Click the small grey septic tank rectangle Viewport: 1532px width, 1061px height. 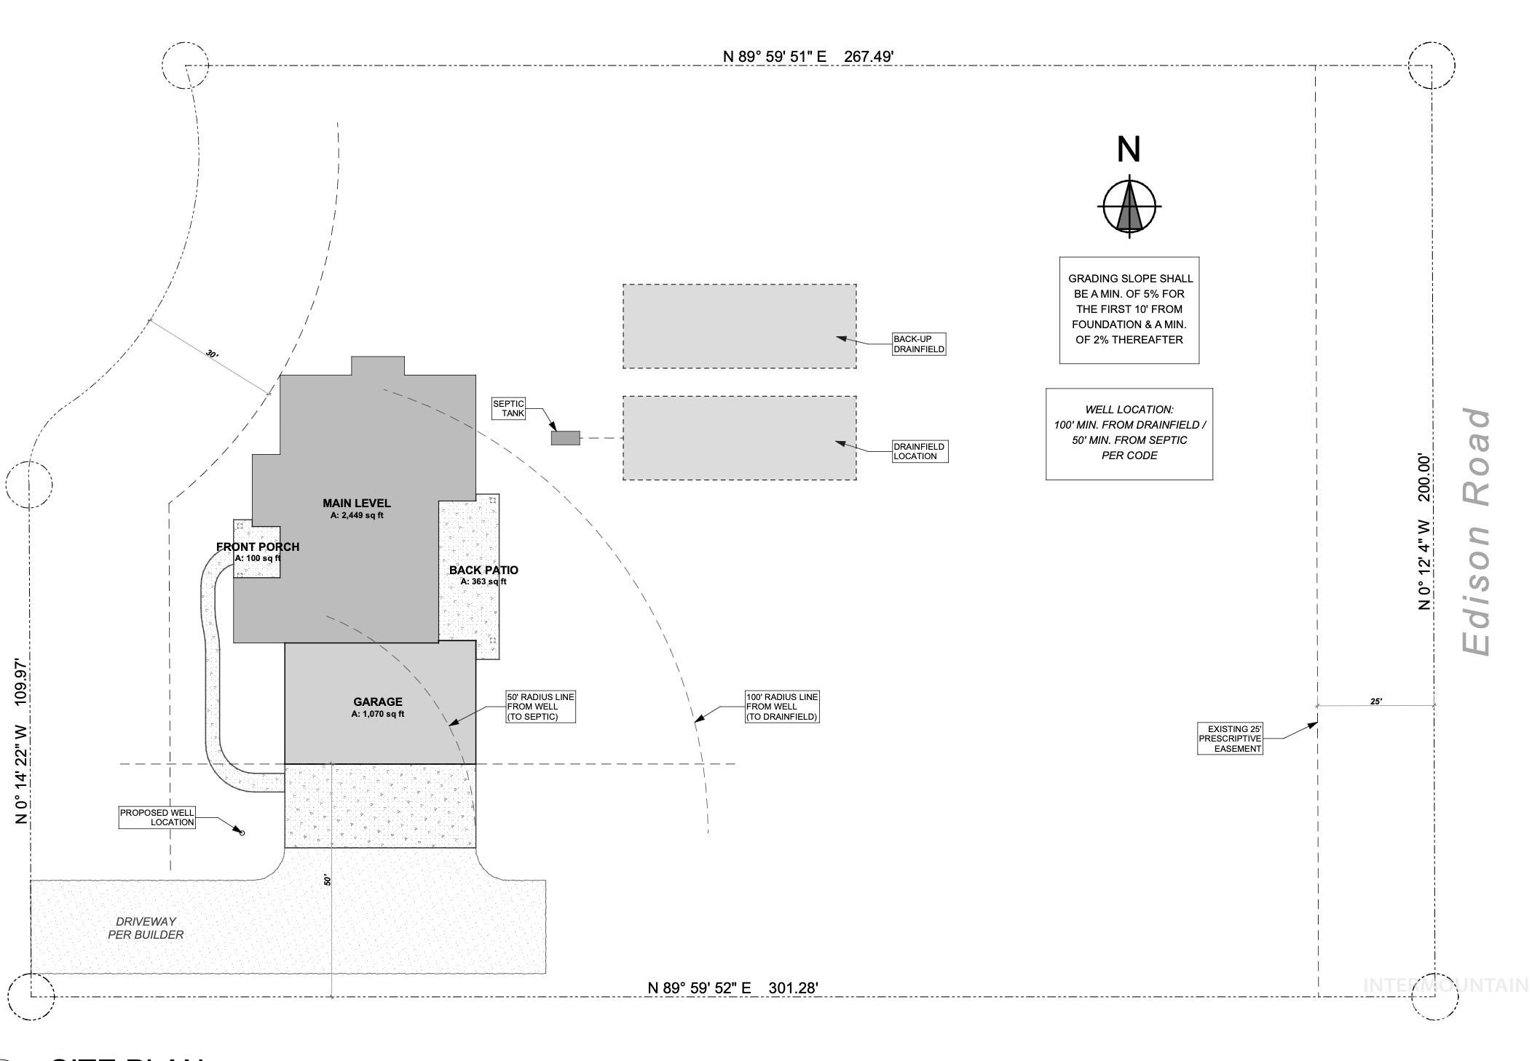click(x=565, y=438)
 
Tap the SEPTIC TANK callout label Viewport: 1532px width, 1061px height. click(x=508, y=408)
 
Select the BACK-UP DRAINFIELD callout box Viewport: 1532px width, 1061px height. click(x=919, y=344)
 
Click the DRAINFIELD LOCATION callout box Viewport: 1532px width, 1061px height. click(x=920, y=451)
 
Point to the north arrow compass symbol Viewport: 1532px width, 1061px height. click(x=1129, y=207)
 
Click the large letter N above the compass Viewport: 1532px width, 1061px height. click(x=1129, y=150)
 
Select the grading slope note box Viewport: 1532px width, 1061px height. click(x=1129, y=309)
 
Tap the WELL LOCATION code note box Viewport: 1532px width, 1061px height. click(x=1129, y=434)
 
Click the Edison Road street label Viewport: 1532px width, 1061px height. click(x=1477, y=531)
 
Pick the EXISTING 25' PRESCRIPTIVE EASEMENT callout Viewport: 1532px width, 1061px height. click(x=1230, y=739)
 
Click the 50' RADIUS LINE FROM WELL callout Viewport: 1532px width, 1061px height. click(x=540, y=707)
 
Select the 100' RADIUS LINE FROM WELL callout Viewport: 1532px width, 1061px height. click(x=782, y=707)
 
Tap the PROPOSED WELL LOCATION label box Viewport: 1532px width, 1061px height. click(x=157, y=817)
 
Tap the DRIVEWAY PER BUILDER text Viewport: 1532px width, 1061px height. click(x=146, y=928)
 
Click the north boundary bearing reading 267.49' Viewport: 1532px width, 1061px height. click(x=808, y=56)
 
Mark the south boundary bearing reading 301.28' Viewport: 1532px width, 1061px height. click(x=733, y=988)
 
